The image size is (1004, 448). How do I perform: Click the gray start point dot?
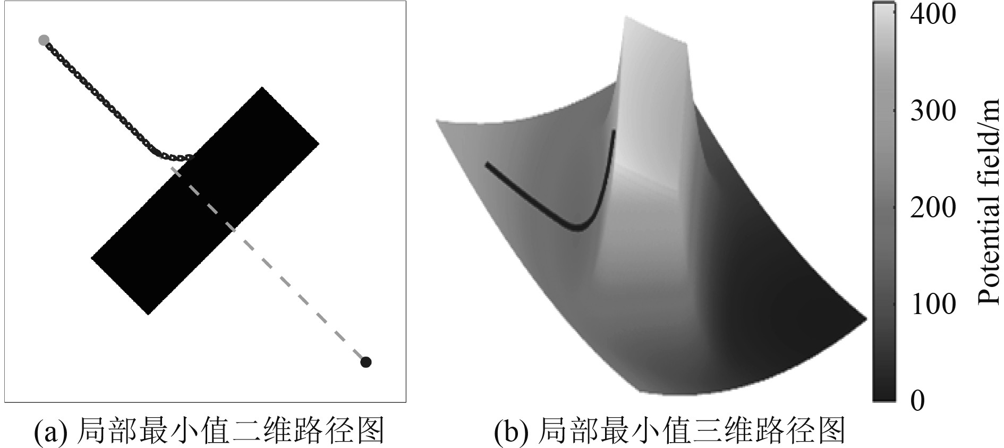coord(44,40)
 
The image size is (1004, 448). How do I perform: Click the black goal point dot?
coord(365,362)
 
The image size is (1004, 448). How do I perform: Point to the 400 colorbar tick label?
coord(933,15)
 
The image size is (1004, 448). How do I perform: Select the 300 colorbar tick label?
coord(933,111)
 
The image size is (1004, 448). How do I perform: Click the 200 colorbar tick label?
coord(933,208)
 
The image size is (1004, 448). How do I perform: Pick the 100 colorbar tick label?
coord(933,305)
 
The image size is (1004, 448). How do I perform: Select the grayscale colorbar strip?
coord(884,202)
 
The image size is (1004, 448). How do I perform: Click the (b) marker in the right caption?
coord(511,432)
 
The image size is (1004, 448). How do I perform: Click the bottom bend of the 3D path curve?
coord(580,229)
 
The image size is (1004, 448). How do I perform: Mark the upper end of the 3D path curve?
coord(614,131)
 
